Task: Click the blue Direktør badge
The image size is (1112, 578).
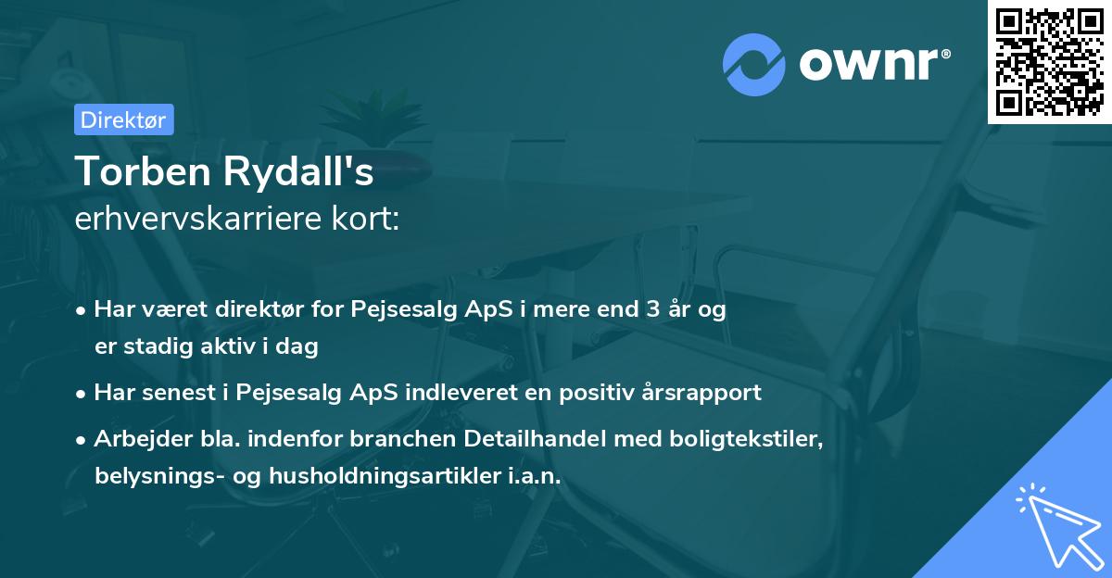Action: coord(123,119)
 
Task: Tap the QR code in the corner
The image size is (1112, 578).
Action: coord(1049,62)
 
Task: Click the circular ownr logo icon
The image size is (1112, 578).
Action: coord(753,64)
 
